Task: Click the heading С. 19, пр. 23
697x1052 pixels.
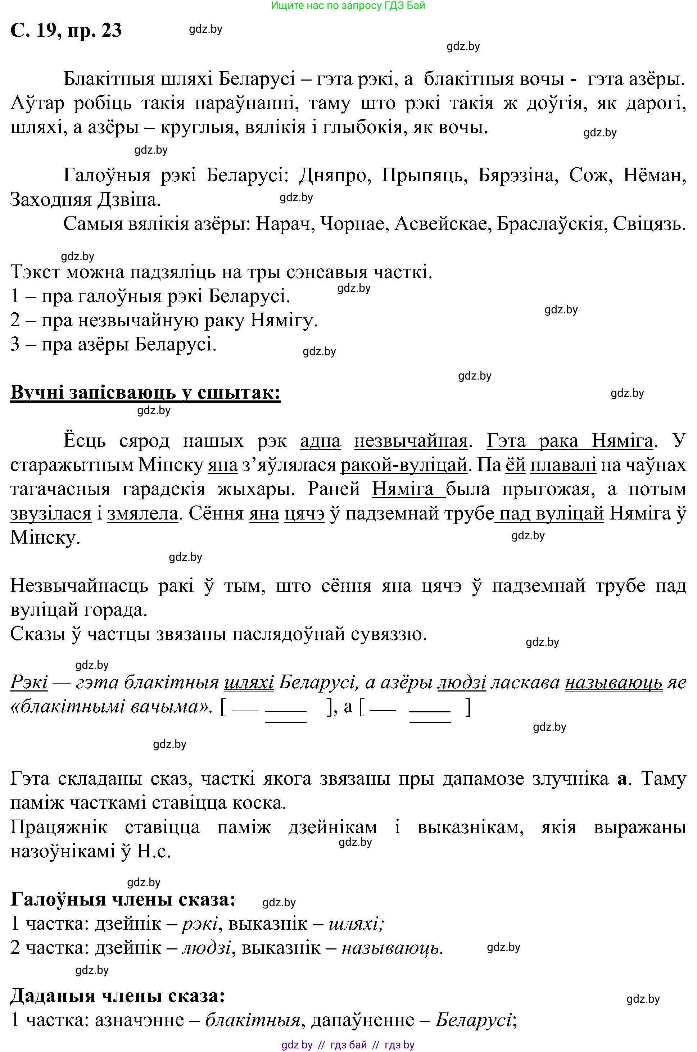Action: click(66, 31)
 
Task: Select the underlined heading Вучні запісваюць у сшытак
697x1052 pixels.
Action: click(145, 393)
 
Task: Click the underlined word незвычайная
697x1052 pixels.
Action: click(411, 441)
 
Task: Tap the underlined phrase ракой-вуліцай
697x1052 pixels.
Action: click(404, 465)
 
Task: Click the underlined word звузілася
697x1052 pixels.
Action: click(51, 513)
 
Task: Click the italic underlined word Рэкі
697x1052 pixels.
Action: click(29, 682)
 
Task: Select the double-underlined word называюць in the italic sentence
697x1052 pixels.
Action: click(614, 682)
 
